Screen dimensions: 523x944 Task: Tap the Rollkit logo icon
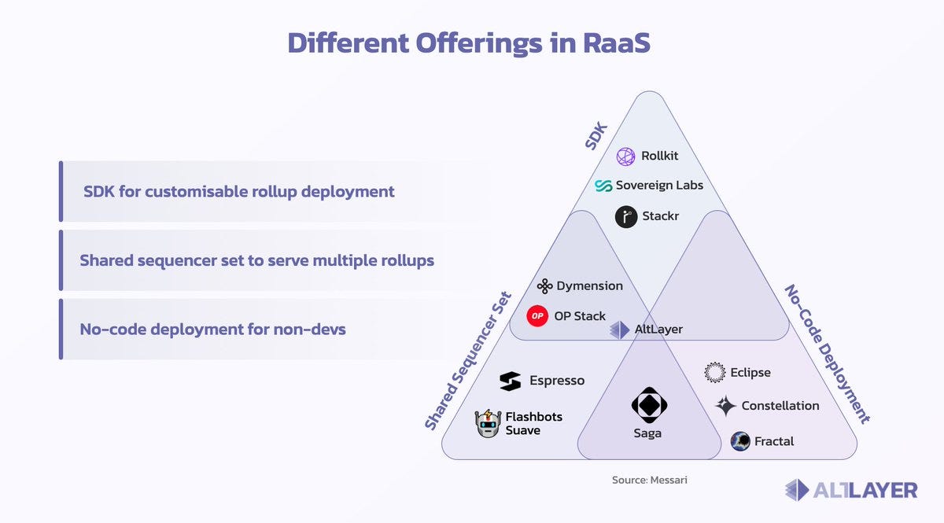625,157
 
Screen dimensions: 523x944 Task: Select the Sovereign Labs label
659,186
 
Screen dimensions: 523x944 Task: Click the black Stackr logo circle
626,217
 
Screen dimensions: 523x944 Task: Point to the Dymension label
589,286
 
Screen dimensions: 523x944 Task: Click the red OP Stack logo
537,316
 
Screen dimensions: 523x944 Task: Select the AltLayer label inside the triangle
658,330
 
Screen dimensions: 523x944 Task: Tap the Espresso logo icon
510,381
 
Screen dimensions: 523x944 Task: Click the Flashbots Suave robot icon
488,424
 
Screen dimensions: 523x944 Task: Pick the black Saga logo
649,406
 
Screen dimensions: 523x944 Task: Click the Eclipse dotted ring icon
714,373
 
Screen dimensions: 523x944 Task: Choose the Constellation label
780,406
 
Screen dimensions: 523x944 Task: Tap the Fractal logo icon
740,441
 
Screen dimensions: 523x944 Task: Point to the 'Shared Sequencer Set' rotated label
469,361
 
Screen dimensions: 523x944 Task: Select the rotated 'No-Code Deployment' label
828,353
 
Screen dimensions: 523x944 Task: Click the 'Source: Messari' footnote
649,480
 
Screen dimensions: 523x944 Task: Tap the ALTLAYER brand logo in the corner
851,490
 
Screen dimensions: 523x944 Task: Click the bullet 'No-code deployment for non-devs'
213,329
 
